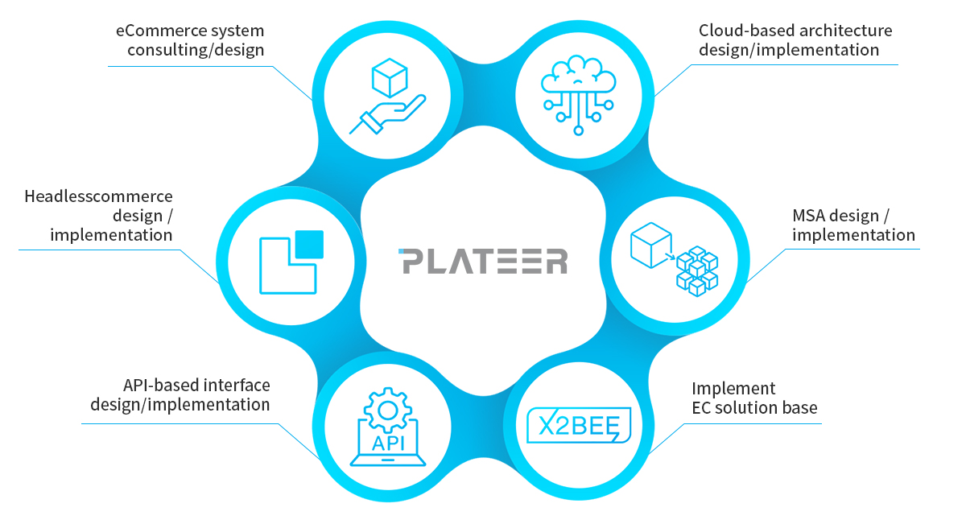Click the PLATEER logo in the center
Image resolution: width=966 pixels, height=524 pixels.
tap(483, 261)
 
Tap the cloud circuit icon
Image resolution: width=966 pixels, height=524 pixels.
tap(578, 95)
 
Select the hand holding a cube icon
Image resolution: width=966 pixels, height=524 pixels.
tap(387, 96)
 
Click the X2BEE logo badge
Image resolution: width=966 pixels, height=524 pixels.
tap(578, 425)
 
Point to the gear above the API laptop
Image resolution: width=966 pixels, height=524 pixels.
tap(388, 411)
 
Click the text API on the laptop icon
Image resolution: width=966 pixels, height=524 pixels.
tap(388, 444)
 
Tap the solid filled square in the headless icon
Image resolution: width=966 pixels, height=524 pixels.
tap(309, 245)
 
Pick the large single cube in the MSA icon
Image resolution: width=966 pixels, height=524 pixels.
tap(650, 245)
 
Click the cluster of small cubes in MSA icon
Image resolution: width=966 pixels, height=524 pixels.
tap(697, 271)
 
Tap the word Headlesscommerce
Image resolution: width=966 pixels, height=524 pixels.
tap(98, 196)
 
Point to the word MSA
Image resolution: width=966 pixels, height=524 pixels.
tap(808, 216)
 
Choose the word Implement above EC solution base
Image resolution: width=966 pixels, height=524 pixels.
tap(733, 389)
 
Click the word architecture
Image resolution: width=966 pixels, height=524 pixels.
tap(846, 31)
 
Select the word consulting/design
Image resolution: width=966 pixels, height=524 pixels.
tap(196, 51)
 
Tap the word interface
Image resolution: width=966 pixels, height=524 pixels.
tap(237, 386)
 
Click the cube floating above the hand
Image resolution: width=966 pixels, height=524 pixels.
tap(390, 78)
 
